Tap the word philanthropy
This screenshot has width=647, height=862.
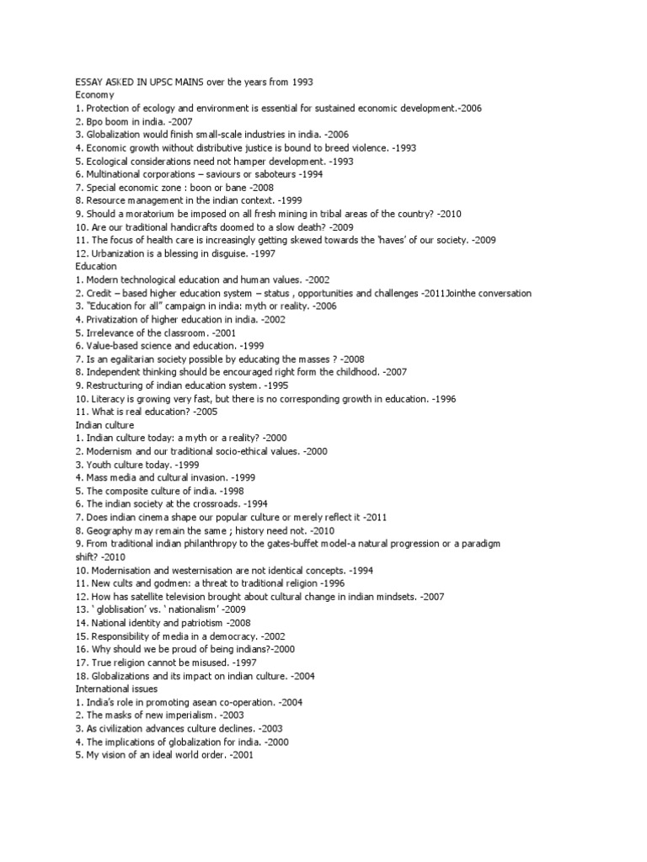pyautogui.click(x=225, y=544)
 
